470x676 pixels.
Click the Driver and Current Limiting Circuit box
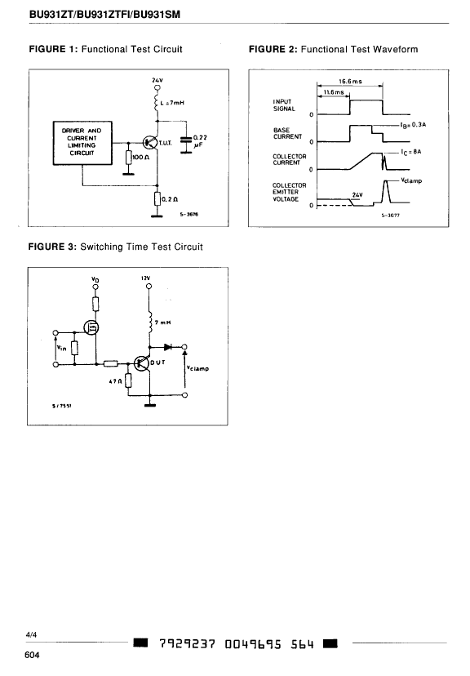click(82, 143)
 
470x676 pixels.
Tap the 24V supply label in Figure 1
click(157, 80)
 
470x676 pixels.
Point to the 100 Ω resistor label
click(141, 158)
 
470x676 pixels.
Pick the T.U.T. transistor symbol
click(150, 142)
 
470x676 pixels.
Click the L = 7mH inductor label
click(172, 103)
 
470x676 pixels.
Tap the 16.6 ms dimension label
click(350, 81)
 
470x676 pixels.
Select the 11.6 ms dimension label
click(334, 92)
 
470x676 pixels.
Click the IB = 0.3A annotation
click(413, 125)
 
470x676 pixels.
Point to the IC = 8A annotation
click(410, 152)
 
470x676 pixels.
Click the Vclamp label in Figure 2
click(411, 180)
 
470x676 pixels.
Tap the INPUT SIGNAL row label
click(284, 105)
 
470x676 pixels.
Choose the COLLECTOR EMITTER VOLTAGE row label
click(290, 193)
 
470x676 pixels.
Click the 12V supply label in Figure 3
click(145, 278)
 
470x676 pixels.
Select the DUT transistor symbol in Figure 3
click(141, 363)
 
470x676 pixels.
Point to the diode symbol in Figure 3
click(168, 347)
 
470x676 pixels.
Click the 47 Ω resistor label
click(114, 381)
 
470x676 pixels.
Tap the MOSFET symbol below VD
click(92, 328)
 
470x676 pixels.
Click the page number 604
click(32, 656)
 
